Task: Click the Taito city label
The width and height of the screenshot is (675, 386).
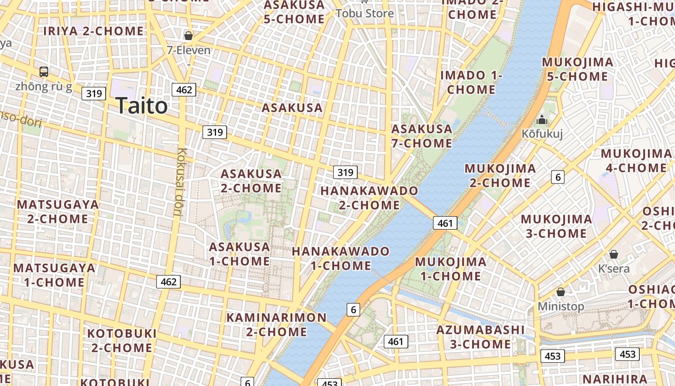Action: click(142, 106)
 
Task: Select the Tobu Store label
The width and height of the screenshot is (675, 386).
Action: click(364, 13)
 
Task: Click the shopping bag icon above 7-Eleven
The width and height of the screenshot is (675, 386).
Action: click(189, 36)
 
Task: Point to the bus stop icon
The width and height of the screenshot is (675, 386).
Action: click(44, 72)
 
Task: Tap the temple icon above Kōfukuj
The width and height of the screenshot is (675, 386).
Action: click(542, 120)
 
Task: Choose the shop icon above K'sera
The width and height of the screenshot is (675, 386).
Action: click(614, 254)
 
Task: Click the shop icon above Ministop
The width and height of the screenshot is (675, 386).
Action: click(561, 292)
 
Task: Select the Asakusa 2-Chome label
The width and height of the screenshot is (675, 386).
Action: click(251, 180)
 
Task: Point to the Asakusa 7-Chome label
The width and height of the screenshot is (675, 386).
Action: click(422, 136)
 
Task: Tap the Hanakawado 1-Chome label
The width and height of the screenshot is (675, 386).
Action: click(340, 258)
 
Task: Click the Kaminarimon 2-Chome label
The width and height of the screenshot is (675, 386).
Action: click(276, 324)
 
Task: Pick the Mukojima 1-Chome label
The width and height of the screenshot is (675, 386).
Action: click(451, 269)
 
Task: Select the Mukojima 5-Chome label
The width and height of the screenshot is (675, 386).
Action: click(578, 69)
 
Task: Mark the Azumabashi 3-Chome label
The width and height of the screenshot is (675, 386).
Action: click(480, 337)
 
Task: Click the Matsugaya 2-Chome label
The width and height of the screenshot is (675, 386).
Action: click(58, 211)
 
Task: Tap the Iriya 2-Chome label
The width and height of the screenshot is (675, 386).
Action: click(94, 31)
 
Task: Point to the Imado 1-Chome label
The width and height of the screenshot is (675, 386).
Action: click(471, 83)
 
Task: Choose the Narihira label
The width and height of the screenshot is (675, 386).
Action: click(613, 378)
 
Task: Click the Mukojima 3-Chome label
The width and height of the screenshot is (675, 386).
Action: click(556, 226)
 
